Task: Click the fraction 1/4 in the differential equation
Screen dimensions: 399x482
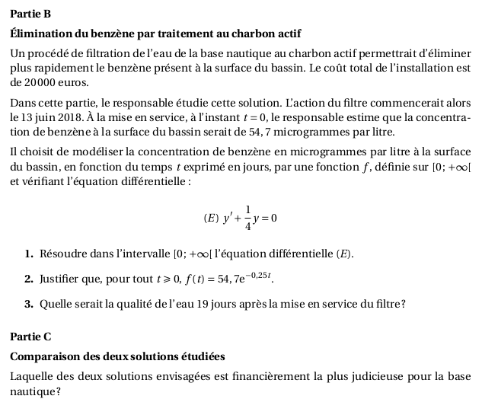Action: click(x=248, y=218)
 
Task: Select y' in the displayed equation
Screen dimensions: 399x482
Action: click(x=228, y=218)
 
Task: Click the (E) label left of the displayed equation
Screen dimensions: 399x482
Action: click(x=210, y=218)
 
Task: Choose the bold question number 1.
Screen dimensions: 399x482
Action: click(x=28, y=253)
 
